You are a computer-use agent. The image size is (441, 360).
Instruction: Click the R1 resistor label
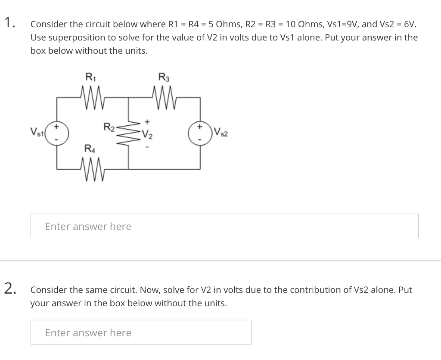click(90, 78)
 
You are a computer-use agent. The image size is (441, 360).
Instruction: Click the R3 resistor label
click(164, 78)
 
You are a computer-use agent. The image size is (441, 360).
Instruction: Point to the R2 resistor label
click(109, 127)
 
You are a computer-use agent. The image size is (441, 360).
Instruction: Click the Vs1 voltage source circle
click(56, 132)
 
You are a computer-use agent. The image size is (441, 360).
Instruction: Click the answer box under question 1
click(224, 226)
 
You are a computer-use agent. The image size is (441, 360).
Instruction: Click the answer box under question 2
click(141, 332)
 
